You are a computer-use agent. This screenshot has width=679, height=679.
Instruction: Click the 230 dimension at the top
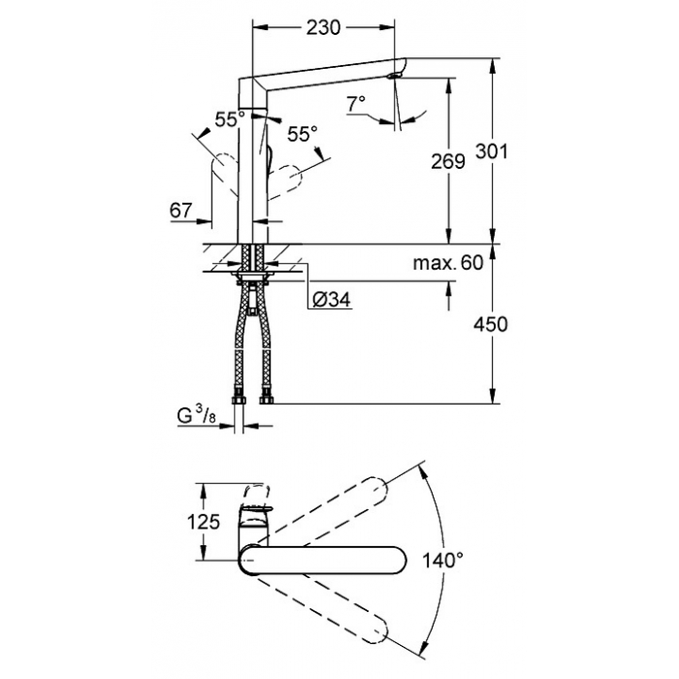point(323,28)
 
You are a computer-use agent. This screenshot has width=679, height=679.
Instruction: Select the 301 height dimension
point(492,151)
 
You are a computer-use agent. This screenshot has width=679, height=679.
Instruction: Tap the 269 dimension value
point(448,162)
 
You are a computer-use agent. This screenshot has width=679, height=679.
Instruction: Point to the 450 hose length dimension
point(490,324)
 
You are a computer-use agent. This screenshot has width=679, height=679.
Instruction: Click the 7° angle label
point(356,104)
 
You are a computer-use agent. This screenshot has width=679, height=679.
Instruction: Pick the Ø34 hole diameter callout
point(332,299)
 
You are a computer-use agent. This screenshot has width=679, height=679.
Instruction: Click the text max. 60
point(448,263)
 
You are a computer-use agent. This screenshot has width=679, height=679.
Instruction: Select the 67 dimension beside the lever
point(180,210)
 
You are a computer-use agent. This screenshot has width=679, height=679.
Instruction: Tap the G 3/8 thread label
point(196,416)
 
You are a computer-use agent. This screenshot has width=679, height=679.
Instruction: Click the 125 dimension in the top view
point(204,522)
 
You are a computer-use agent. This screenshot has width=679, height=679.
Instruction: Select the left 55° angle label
point(230,119)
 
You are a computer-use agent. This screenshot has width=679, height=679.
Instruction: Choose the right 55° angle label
point(303,134)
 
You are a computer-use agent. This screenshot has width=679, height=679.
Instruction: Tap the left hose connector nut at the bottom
point(240,398)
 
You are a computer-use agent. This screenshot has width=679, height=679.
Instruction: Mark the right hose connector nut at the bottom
point(266,398)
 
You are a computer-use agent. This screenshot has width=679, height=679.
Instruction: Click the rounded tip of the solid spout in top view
point(405,561)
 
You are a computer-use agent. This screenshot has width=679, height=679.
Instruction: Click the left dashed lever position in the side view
point(224,172)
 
